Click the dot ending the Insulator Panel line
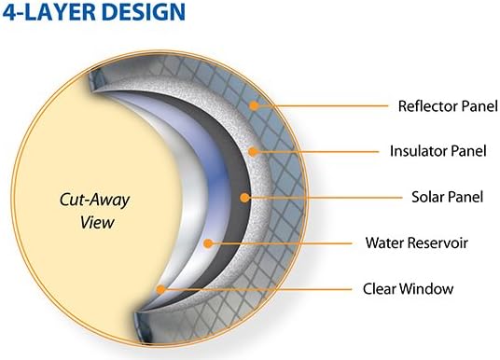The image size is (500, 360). point(255,150)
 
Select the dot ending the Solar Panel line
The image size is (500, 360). point(244,197)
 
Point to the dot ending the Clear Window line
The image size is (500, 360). point(162,289)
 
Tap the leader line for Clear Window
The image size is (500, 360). point(261,289)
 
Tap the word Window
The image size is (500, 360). point(429,289)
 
